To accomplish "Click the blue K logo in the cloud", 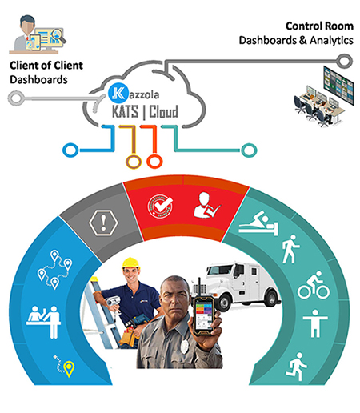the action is point(118,94).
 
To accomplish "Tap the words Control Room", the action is point(319,26).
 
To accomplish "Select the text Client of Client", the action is point(46,66).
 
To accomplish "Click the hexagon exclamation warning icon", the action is point(103,222).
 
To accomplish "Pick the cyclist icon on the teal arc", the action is point(314,285).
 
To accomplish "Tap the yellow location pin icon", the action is point(69,368).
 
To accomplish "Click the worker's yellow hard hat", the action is point(130,263).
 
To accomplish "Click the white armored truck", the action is point(237,284).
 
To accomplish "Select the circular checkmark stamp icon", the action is point(160,206).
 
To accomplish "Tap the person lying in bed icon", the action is point(258,223).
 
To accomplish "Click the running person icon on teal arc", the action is point(296,367).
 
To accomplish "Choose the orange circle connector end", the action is point(154,161).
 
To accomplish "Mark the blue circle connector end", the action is point(70,150).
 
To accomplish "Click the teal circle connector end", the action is point(249,150).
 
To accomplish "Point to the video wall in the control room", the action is point(338,86).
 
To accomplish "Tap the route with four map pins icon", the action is point(54,270).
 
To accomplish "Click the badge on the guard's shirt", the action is point(185,346).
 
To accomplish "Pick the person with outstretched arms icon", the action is point(315,323).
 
